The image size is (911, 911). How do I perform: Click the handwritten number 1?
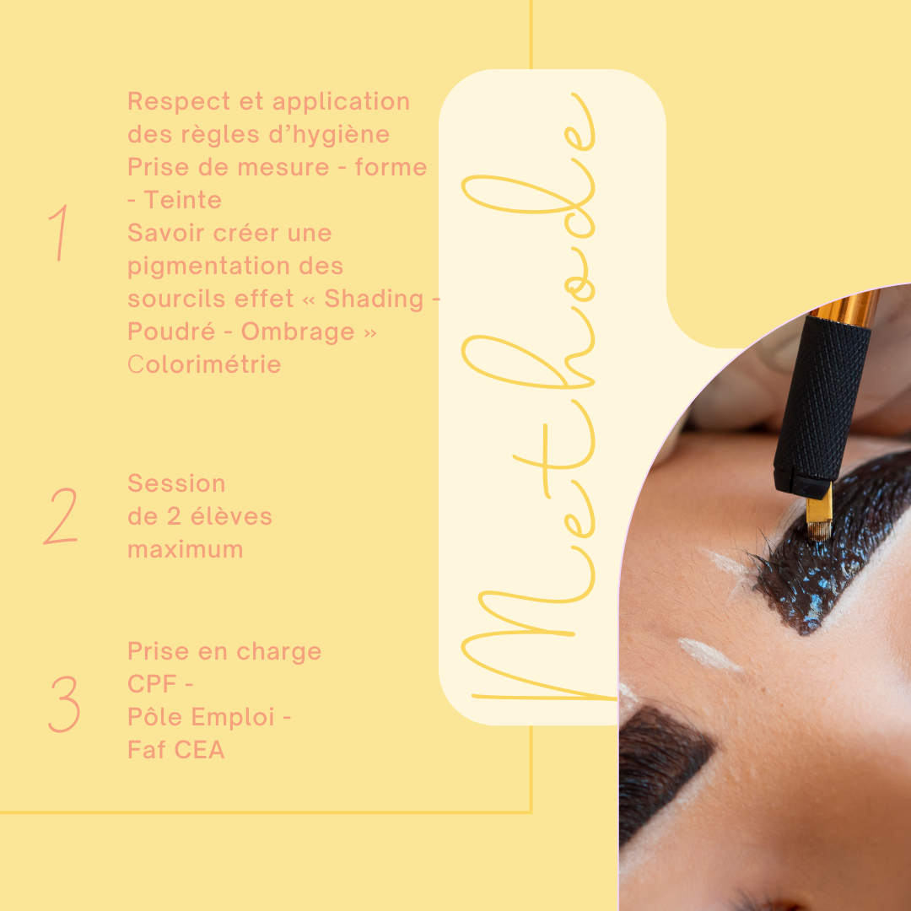[60, 233]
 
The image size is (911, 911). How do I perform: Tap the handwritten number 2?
[61, 516]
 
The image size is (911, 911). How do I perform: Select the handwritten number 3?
[64, 703]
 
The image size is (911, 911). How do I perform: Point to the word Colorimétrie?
[204, 365]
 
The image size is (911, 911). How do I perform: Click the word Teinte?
[183, 201]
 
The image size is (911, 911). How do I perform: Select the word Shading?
[374, 299]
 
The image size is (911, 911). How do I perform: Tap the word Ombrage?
[298, 332]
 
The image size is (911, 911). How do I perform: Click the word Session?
[176, 483]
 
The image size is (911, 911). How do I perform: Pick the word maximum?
[186, 550]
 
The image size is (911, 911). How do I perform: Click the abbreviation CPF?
[152, 684]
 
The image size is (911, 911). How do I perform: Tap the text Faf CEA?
[176, 750]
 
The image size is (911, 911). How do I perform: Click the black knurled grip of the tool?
[822, 407]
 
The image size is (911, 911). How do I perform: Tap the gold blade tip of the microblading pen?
[819, 514]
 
